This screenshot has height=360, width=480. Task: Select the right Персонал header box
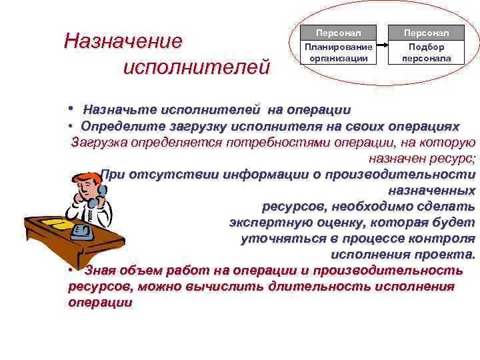(427, 33)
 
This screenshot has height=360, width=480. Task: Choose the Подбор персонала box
(427, 53)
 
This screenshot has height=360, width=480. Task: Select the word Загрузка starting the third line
(102, 142)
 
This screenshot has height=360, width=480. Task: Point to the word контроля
(443, 239)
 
